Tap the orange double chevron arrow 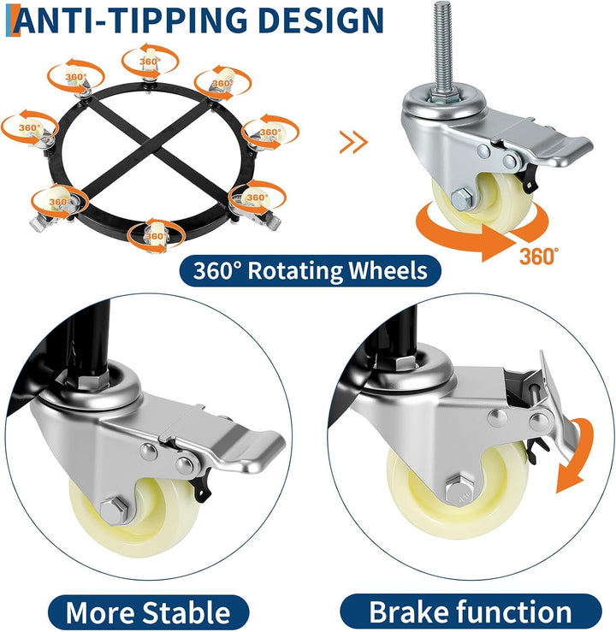353,142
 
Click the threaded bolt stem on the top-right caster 444,48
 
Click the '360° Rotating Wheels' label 310,270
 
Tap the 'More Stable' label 148,612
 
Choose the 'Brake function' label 471,611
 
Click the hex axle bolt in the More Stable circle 114,511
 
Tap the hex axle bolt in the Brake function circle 459,491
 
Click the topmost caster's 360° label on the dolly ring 150,62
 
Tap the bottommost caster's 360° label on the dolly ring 155,236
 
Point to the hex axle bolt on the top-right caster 460,198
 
